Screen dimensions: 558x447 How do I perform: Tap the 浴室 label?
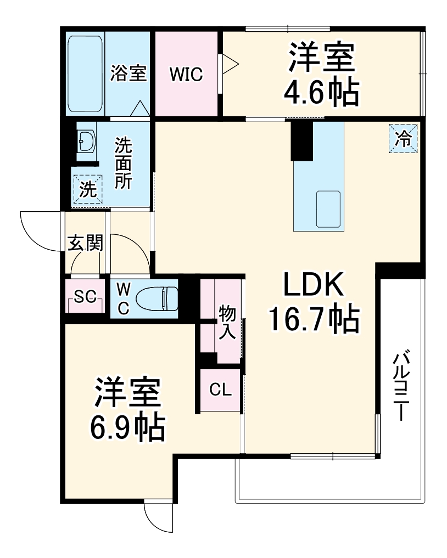128,73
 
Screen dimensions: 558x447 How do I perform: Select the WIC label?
186,74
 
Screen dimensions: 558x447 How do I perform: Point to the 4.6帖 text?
321,94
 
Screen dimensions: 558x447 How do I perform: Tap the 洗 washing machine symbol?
88,189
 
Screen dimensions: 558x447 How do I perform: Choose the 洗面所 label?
123,164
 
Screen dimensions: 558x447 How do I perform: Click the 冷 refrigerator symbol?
404,138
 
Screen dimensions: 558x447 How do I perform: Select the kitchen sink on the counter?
328,209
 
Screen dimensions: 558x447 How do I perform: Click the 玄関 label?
85,243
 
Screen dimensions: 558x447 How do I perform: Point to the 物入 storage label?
227,323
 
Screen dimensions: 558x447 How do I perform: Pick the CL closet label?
220,390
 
